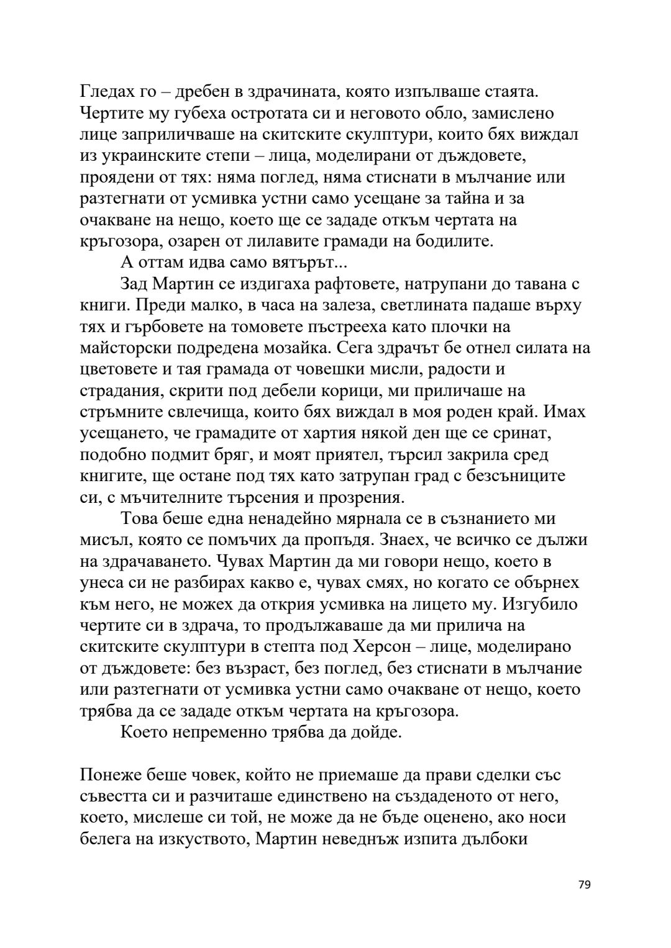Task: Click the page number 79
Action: point(583,885)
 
